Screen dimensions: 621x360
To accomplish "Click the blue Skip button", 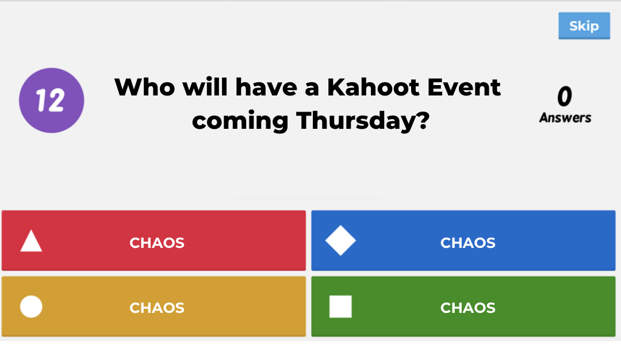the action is (x=584, y=26).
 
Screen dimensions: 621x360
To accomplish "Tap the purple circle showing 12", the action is (x=52, y=100).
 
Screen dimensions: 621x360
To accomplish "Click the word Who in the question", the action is (x=144, y=87).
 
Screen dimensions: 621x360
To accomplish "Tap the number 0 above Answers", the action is (x=565, y=96).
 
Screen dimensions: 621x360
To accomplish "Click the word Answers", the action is (x=565, y=118).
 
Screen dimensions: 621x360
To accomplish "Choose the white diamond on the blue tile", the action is (x=340, y=240).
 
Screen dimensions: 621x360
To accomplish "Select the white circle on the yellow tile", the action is (x=31, y=307).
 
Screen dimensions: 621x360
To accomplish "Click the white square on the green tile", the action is (x=340, y=307).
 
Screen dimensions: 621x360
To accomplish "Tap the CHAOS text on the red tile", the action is (x=157, y=243).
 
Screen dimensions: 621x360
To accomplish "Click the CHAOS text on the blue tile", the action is (x=467, y=243).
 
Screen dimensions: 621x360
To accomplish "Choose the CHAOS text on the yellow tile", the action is (x=157, y=308).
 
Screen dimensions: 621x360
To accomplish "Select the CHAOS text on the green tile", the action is (x=467, y=308).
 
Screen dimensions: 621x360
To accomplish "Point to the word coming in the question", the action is (x=240, y=121).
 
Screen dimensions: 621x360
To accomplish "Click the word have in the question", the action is (x=266, y=87).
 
